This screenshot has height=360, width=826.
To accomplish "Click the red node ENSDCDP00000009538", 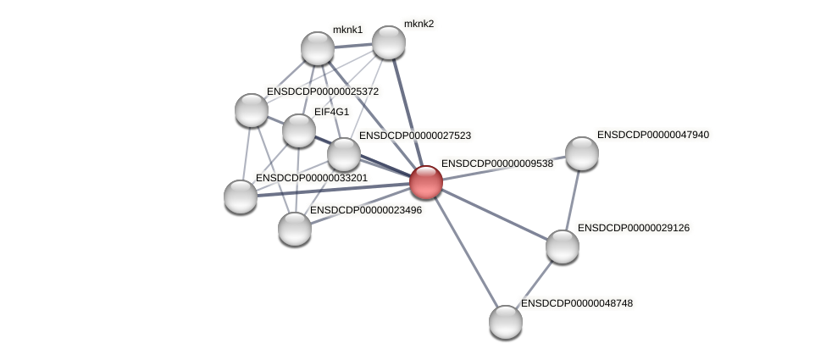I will point(425,182).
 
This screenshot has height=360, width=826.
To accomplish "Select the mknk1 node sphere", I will point(318,48).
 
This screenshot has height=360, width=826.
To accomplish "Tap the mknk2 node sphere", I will point(389,42).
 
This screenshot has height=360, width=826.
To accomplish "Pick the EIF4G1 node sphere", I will point(298,130).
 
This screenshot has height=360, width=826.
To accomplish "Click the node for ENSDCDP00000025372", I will point(252,109).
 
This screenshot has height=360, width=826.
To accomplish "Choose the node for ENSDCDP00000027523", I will point(344,153).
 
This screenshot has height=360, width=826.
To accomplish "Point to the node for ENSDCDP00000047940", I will point(582,152).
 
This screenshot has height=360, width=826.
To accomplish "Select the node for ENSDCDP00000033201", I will point(241,197).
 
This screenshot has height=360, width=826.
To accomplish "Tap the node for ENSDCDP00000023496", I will point(295,228).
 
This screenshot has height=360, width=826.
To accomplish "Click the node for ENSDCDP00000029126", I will point(563,246).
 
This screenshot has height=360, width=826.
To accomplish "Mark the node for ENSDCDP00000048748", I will point(506,322).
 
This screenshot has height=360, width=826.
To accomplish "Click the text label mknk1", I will point(347,30).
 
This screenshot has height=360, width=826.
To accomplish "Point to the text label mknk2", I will point(419,24).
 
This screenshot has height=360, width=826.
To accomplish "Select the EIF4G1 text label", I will point(331,112).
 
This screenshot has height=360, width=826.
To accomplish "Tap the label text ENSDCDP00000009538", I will point(497,163).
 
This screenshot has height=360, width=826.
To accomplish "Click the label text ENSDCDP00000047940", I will point(653,135).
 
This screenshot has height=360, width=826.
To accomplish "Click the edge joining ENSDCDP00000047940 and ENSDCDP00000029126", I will point(573,199).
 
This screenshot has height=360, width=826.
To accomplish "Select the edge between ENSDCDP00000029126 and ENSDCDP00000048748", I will point(535,284).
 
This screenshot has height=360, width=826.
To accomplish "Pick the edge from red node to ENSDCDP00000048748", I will point(465,252).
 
